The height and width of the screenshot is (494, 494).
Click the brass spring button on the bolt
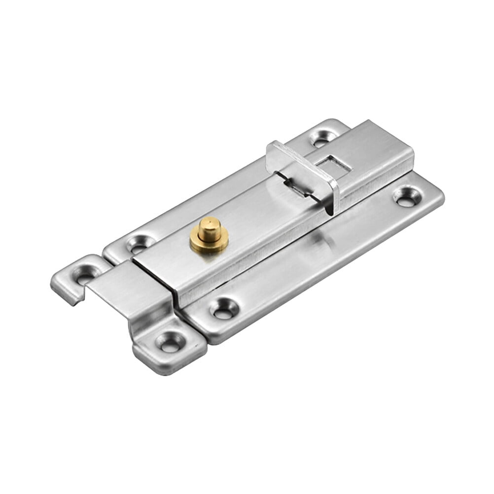point(209,236)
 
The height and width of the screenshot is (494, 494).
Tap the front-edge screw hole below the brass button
point(225,308)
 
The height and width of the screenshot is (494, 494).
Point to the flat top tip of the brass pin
point(208,223)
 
